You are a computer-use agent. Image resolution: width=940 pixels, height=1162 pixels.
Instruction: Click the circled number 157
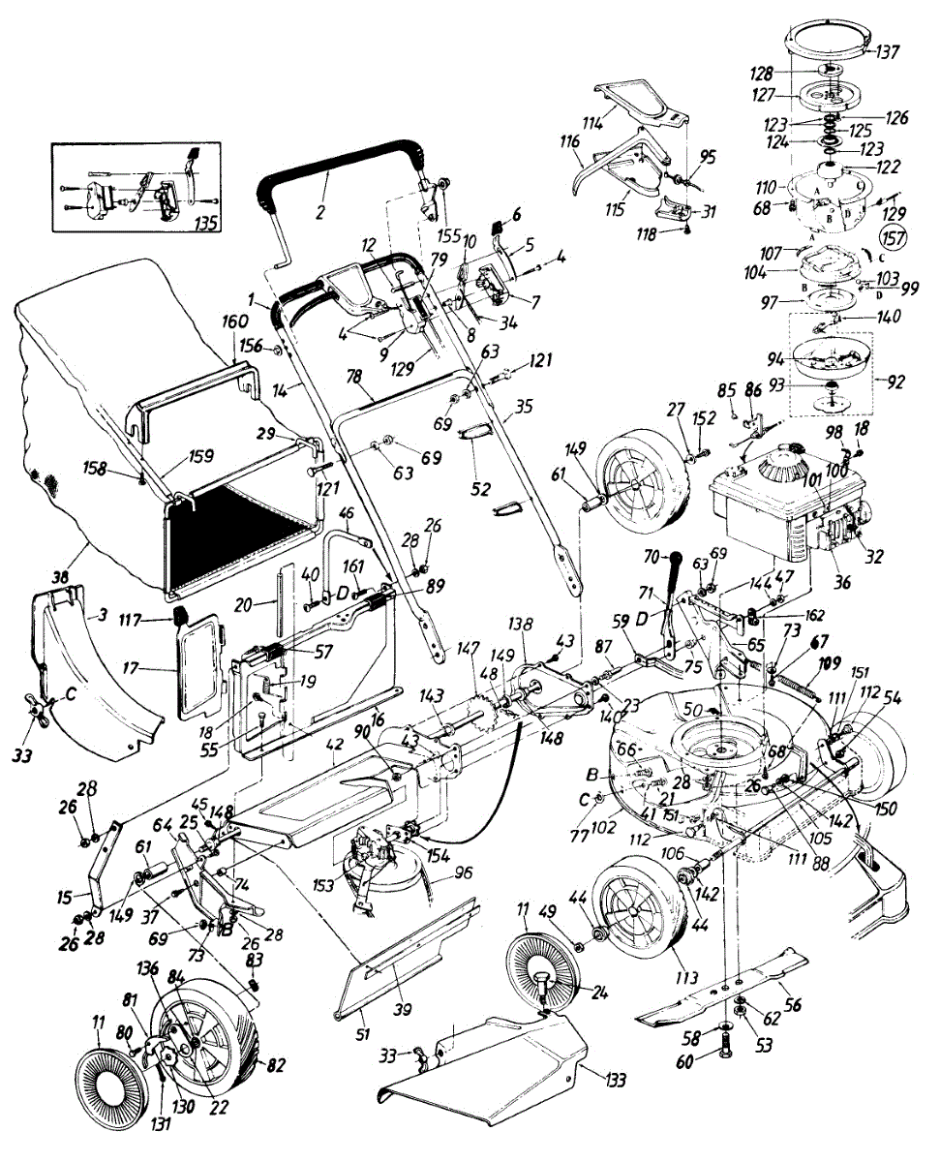pyautogui.click(x=894, y=235)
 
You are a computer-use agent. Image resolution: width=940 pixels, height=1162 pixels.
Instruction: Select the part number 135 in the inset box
pyautogui.click(x=204, y=221)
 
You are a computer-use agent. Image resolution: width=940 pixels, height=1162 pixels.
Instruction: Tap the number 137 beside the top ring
pyautogui.click(x=888, y=51)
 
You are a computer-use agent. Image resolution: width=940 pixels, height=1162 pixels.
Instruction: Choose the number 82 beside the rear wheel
pyautogui.click(x=275, y=1065)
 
